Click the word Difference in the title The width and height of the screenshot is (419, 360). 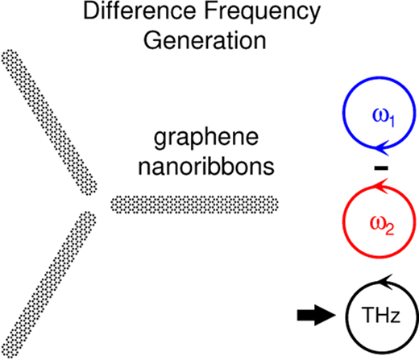[139, 11]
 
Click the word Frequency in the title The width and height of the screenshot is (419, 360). [263, 14]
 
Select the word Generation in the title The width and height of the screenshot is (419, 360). [205, 40]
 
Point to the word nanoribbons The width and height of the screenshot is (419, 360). [206, 167]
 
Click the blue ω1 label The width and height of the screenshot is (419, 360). [384, 118]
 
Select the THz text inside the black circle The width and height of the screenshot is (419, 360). [381, 315]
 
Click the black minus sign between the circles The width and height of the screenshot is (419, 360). [381, 168]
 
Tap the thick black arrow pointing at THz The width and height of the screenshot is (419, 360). [317, 315]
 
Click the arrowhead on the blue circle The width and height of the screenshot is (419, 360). [381, 148]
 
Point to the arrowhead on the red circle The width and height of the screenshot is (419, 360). [381, 186]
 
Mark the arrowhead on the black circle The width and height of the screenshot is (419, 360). [386, 282]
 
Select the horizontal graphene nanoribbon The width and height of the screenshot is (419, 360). [195, 205]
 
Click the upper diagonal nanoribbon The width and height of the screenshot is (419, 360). [49, 122]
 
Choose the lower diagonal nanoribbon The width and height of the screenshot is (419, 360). [48, 285]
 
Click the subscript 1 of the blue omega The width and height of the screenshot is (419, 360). [392, 122]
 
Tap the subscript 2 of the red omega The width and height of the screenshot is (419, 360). [390, 230]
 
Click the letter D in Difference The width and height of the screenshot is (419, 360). [91, 11]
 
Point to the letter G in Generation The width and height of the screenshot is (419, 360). [153, 40]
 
